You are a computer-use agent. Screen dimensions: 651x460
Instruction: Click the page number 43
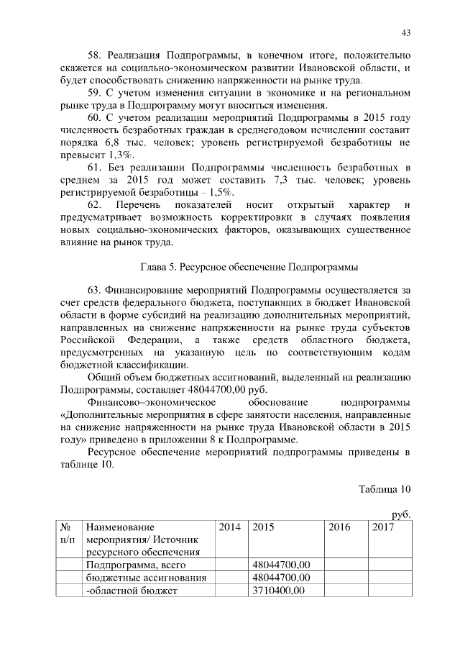(405, 32)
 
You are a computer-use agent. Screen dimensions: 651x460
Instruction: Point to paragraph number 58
(94, 55)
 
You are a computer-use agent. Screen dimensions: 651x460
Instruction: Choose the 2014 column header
(229, 527)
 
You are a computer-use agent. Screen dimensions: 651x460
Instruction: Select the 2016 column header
(339, 527)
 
